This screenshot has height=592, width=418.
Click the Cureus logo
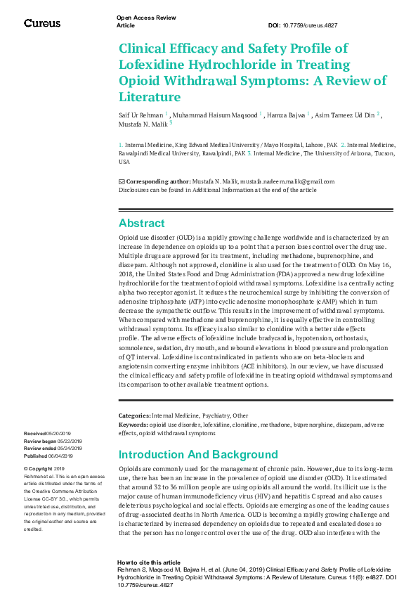[x=42, y=23]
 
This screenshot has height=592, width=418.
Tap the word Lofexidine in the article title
[x=154, y=65]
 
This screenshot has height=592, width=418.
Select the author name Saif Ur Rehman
[x=141, y=114]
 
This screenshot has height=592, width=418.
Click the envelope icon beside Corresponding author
[x=122, y=181]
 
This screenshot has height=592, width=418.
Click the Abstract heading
[x=142, y=224]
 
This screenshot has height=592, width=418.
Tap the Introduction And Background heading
[x=198, y=454]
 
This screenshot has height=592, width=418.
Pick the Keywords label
[x=133, y=425]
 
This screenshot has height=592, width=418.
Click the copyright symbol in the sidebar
[x=26, y=469]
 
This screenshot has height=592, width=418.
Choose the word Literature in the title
[x=150, y=97]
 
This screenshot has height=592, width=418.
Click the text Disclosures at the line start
[x=134, y=190]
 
